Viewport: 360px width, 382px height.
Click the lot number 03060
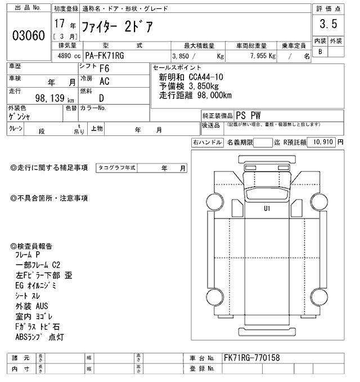pos(28,35)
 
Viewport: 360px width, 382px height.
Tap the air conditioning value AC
pos(104,82)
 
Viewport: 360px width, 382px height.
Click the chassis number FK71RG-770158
pos(251,358)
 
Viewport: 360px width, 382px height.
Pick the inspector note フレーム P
pos(33,254)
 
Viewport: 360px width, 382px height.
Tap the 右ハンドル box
pos(207,143)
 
